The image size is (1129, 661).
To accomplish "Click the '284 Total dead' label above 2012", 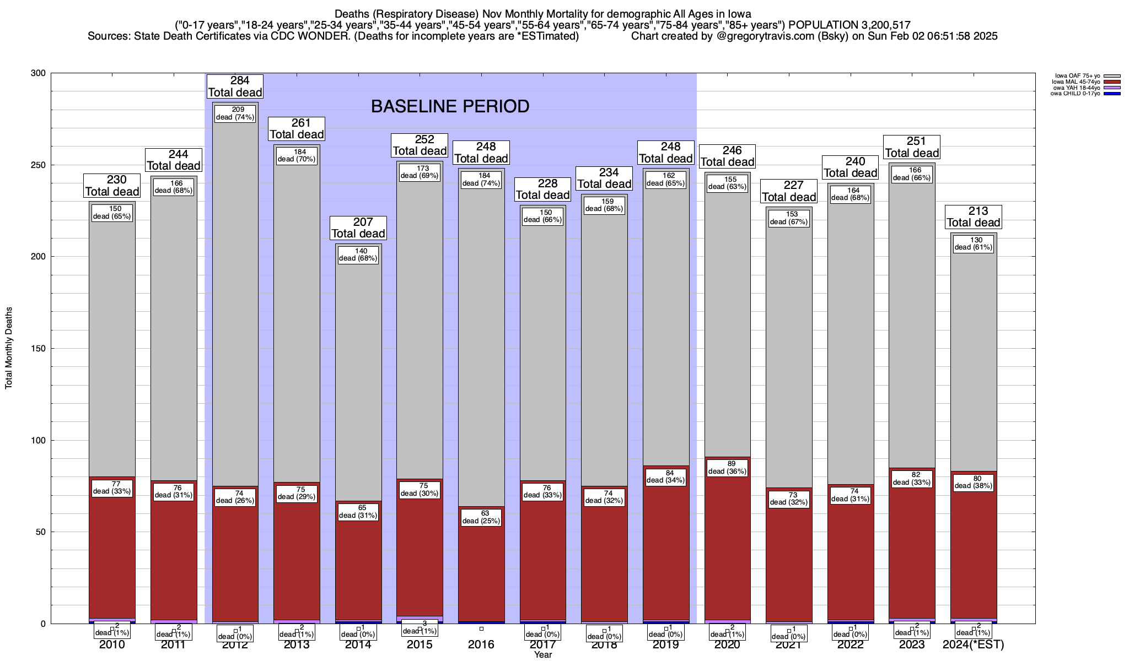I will (x=235, y=86).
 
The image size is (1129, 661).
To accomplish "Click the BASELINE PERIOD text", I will (x=450, y=106).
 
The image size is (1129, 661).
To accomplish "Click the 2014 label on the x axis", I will (x=358, y=644).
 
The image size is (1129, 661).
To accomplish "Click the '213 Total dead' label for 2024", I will (x=973, y=217).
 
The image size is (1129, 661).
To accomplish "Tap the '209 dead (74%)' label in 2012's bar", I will (x=235, y=113).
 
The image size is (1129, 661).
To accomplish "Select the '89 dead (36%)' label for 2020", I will (x=727, y=468).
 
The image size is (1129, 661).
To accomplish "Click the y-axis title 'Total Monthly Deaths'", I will (x=9, y=348).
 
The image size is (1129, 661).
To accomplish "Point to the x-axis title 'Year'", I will (x=542, y=655).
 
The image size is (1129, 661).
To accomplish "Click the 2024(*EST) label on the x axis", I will (x=973, y=644).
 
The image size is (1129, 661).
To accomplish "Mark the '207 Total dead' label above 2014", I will (x=358, y=228).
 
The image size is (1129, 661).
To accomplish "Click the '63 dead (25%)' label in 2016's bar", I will (x=481, y=517).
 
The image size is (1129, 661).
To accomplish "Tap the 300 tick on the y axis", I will (x=40, y=73).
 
